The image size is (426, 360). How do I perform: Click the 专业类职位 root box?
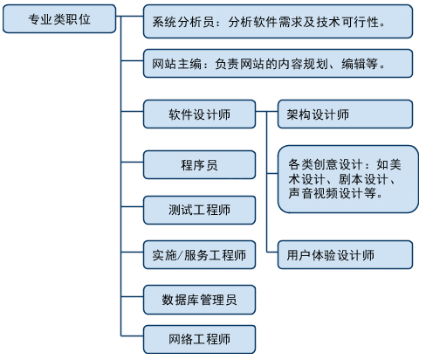(x=59, y=18)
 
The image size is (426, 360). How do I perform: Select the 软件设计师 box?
(x=199, y=114)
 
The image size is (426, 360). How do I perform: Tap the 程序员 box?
(x=199, y=164)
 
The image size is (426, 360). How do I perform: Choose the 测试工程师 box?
(x=199, y=210)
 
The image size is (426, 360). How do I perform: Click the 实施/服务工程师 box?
(x=199, y=255)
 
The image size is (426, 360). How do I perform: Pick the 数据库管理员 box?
(x=199, y=300)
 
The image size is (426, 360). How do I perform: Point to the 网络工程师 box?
(x=199, y=339)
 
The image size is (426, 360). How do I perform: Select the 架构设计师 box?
(x=345, y=114)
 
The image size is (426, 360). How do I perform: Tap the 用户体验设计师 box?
(x=345, y=255)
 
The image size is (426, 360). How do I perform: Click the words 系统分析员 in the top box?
(x=183, y=22)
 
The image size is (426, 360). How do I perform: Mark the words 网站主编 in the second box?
(x=176, y=64)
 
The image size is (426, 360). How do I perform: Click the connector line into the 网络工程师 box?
(x=132, y=336)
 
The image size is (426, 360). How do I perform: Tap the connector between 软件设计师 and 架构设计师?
(x=267, y=111)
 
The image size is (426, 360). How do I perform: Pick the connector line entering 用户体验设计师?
(x=272, y=252)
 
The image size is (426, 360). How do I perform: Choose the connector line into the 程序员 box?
(x=132, y=162)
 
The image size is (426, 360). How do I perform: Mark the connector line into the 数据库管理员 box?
(x=132, y=297)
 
